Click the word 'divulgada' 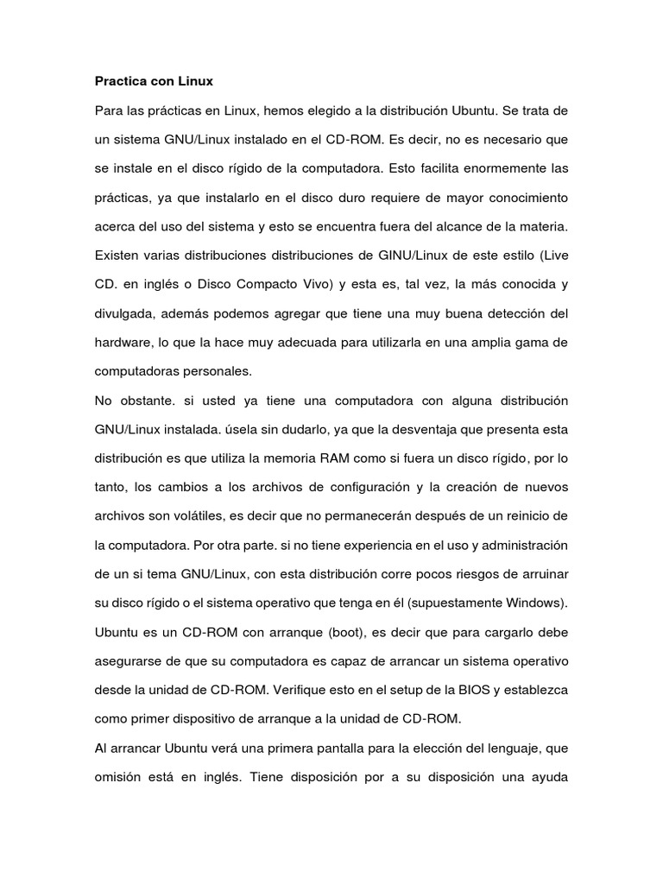click(126, 313)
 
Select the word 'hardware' click(123, 343)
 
